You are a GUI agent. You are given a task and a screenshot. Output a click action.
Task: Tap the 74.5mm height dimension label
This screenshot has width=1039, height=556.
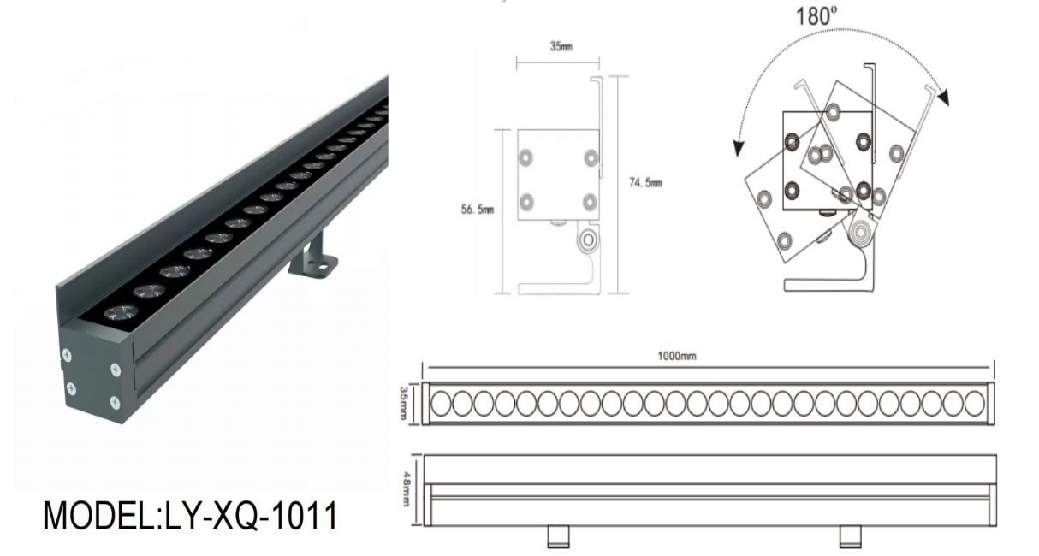tap(645, 183)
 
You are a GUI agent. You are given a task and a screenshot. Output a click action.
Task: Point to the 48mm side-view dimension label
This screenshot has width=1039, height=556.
tap(405, 490)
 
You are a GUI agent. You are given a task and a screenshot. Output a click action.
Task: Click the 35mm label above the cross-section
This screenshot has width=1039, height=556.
tap(561, 46)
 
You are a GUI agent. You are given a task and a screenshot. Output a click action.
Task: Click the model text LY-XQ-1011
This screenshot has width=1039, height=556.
tap(190, 517)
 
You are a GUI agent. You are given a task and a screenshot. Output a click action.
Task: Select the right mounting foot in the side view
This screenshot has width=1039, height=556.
tap(850, 536)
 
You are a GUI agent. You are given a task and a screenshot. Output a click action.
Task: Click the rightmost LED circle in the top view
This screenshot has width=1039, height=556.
tap(975, 403)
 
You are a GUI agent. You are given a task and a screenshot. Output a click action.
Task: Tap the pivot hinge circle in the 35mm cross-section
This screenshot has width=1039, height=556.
tap(587, 240)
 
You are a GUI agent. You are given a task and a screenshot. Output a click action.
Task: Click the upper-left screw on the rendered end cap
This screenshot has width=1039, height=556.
tap(67, 351)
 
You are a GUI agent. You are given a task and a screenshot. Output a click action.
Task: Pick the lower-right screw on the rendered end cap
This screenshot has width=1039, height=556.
tap(113, 400)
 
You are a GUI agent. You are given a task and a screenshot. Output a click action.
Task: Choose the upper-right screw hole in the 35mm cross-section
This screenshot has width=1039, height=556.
tap(589, 158)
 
